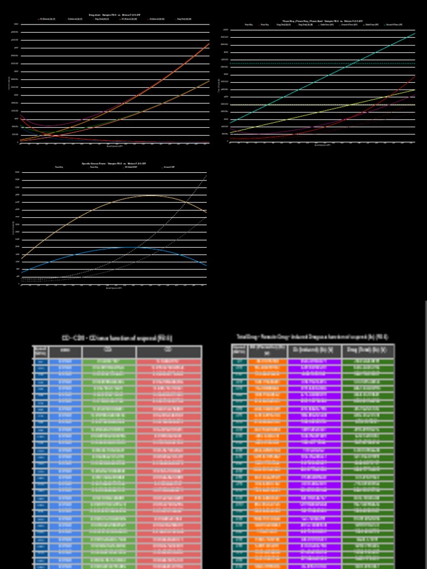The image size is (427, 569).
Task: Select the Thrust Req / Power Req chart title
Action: [x=323, y=21]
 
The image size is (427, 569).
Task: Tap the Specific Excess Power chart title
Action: [x=114, y=163]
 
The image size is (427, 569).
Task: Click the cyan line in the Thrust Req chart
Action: [x=322, y=78]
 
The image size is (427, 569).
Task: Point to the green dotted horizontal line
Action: [x=322, y=63]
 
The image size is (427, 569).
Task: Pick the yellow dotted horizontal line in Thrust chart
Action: [x=322, y=104]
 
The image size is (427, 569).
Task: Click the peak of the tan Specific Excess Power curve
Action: [x=151, y=195]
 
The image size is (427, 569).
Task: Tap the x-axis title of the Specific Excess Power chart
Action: [x=114, y=288]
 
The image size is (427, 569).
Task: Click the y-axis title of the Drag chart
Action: [x=9, y=83]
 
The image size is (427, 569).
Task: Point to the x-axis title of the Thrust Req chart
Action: [x=322, y=146]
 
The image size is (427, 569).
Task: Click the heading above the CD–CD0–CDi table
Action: [x=117, y=338]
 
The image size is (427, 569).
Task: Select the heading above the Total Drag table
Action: [x=312, y=337]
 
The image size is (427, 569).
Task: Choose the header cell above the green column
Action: [x=109, y=352]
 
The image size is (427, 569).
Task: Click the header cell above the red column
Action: [x=169, y=352]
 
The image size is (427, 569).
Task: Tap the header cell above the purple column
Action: [x=314, y=351]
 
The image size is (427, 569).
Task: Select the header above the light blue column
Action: [x=65, y=352]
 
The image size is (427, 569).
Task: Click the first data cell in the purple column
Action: [x=314, y=362]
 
